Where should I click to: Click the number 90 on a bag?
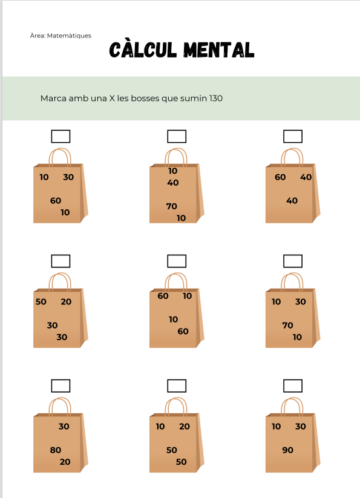(x=287, y=450)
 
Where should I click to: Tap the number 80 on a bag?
(x=55, y=450)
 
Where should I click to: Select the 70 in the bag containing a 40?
(x=171, y=206)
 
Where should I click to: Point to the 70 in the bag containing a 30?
(x=287, y=325)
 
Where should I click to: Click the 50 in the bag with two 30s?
(x=41, y=302)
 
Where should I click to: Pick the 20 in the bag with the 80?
(x=65, y=462)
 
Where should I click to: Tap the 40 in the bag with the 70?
(x=173, y=183)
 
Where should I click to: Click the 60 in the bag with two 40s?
(x=280, y=177)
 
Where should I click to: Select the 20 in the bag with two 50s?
(x=185, y=426)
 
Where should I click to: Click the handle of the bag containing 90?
(x=292, y=399)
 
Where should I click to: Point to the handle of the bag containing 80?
(x=60, y=399)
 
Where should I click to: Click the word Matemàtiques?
(x=69, y=36)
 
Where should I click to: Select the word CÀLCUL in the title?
(x=143, y=50)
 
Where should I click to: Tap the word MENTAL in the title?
(x=219, y=50)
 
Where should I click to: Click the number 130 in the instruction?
(x=216, y=98)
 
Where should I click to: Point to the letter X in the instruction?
(x=112, y=98)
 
